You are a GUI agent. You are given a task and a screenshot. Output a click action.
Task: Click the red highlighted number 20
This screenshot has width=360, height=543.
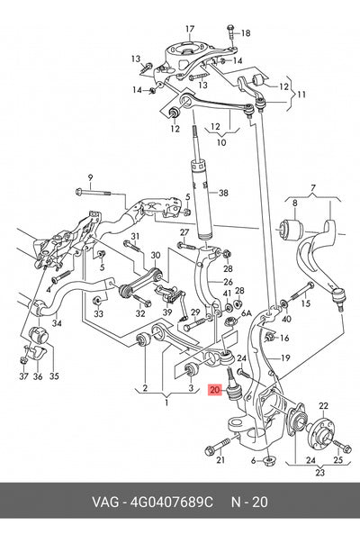(x=215, y=390)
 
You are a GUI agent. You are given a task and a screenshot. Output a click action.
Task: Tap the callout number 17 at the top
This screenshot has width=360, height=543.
(x=190, y=29)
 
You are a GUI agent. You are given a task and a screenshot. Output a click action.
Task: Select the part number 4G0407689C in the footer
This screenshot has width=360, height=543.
(x=171, y=502)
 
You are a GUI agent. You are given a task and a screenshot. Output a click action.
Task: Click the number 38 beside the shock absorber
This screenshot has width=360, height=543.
(x=223, y=193)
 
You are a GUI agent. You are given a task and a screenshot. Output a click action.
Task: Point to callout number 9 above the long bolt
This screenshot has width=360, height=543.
(x=90, y=178)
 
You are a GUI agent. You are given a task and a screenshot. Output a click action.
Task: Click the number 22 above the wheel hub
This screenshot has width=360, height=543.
(x=323, y=405)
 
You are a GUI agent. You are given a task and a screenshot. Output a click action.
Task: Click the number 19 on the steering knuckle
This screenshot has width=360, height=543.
(x=285, y=357)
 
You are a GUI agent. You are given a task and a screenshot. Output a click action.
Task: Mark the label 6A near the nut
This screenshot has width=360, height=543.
(x=246, y=313)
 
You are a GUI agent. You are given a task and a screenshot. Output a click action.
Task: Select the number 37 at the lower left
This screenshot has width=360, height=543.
(x=23, y=376)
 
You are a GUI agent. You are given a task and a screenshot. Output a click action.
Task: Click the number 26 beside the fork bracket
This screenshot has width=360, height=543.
(x=228, y=282)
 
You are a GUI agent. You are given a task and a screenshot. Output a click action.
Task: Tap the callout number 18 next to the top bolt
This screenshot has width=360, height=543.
(x=246, y=33)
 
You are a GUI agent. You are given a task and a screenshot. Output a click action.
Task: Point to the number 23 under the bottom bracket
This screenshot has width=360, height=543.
(x=320, y=472)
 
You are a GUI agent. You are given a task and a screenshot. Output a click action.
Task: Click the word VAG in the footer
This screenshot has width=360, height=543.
(x=105, y=502)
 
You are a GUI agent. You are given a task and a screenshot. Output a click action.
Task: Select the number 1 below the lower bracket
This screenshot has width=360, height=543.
(x=166, y=403)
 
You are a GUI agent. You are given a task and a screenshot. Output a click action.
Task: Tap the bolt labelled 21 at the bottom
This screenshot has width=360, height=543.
(x=218, y=447)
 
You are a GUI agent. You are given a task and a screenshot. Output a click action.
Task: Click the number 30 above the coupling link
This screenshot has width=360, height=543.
(x=156, y=256)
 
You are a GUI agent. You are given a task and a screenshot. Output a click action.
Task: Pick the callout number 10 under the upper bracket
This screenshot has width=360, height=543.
(x=221, y=142)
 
